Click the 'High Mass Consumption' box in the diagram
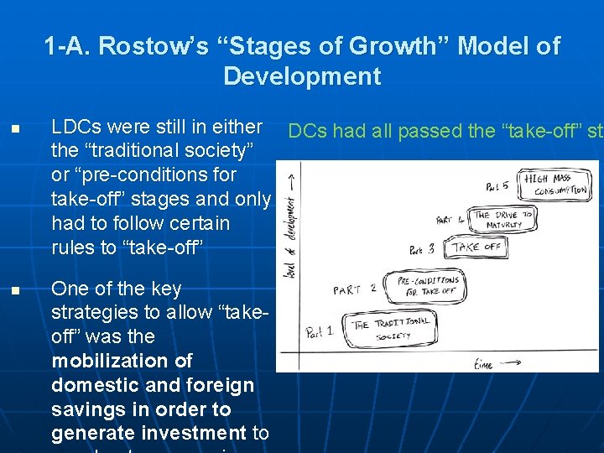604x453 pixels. tap(555, 185)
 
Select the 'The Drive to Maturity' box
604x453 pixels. tap(502, 220)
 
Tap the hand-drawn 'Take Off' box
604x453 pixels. tap(476, 247)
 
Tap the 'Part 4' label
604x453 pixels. tap(453, 220)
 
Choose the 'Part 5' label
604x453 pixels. tap(497, 185)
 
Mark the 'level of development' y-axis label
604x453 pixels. tap(290, 222)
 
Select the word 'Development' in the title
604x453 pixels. tap(302, 76)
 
